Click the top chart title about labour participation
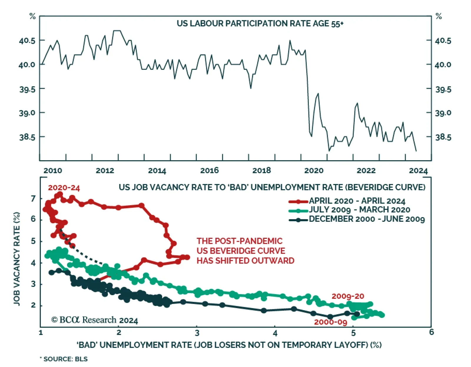point(260,24)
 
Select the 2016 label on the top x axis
point(209,171)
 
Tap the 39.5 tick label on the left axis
point(27,89)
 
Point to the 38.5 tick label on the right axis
point(443,137)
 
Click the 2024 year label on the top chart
point(418,171)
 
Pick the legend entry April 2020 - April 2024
point(357,201)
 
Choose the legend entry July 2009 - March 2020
point(359,210)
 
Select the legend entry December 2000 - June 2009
point(366,219)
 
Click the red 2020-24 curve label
point(64,188)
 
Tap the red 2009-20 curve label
point(348,296)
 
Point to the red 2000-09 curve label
point(331,322)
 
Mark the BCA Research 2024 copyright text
point(94,320)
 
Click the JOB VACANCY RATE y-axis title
point(17,259)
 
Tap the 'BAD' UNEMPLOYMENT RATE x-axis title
point(229,345)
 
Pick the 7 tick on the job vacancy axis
point(33,199)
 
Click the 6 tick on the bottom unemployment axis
point(431,332)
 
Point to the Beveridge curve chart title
point(272,187)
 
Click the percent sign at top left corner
point(32,16)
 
